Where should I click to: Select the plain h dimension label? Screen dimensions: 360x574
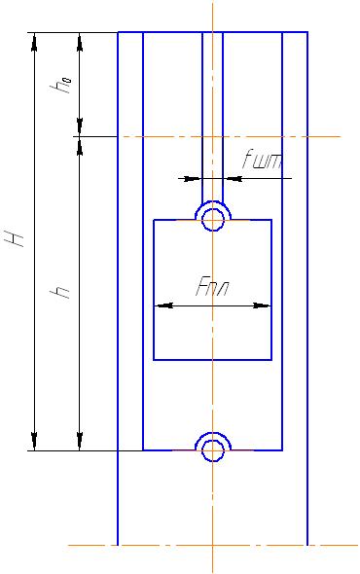60,292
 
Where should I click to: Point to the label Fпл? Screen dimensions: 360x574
212,287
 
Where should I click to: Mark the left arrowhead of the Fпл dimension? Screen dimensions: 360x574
163,305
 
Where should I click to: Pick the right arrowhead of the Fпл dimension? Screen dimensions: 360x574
262,305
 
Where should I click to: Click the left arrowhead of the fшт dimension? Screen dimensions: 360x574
193,179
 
